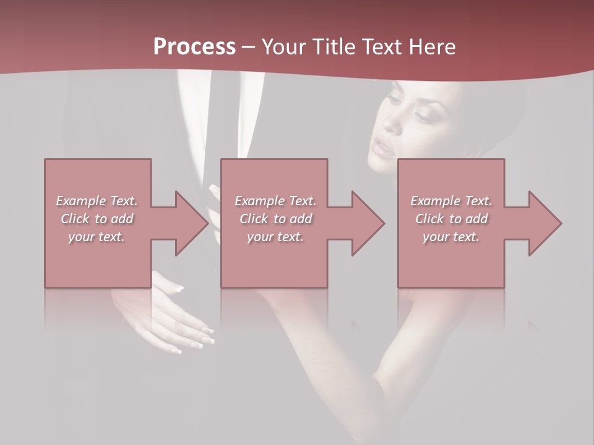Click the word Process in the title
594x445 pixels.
point(194,46)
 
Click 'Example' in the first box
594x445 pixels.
point(80,201)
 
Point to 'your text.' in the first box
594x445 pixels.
point(97,236)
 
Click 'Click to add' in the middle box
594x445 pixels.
point(275,219)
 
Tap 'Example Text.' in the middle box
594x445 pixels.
point(275,201)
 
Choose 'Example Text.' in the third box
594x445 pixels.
point(451,201)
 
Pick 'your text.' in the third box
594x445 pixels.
point(451,236)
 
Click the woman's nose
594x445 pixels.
point(392,124)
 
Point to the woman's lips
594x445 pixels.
point(380,148)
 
